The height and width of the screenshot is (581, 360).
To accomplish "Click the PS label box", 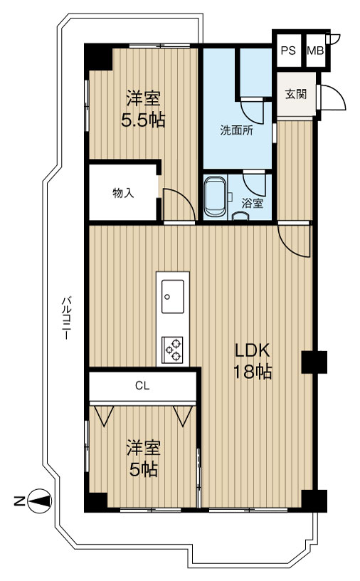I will [287, 51].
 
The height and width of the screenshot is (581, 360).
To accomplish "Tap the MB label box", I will [314, 51].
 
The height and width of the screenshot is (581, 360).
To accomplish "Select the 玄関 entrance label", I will [296, 95].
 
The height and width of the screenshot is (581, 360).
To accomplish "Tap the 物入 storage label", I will [122, 192].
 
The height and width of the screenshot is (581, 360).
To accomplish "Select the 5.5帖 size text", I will [142, 119].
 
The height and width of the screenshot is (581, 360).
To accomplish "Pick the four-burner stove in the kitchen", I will [173, 350].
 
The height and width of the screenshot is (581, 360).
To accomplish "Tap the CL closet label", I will [142, 387].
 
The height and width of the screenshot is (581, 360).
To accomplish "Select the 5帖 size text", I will [143, 469].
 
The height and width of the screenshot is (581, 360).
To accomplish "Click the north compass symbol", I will [40, 501].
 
